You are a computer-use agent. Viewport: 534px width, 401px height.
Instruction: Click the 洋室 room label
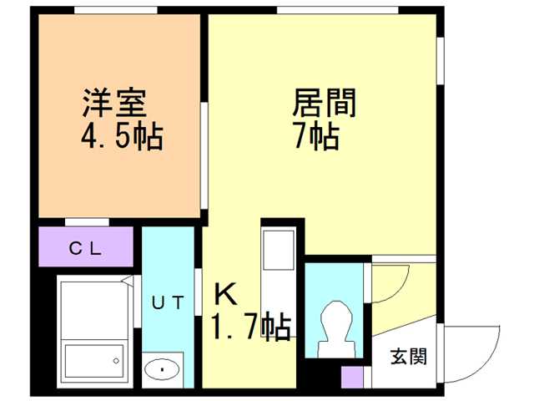tap(115, 103)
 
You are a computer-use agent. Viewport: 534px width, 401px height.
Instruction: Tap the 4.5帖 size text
tap(123, 137)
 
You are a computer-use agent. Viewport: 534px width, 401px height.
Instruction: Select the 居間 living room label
tap(325, 103)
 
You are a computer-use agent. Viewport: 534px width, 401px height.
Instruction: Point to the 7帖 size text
tap(316, 135)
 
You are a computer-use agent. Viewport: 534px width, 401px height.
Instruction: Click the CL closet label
tap(85, 248)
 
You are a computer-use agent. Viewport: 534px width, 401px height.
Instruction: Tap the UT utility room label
tap(168, 302)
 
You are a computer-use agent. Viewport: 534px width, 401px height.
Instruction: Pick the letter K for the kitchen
tap(225, 295)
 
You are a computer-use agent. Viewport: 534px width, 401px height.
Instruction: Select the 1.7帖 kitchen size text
tap(252, 327)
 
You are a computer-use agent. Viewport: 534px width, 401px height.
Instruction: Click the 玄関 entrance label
tap(409, 357)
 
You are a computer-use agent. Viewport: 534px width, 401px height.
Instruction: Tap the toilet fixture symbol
tap(336, 329)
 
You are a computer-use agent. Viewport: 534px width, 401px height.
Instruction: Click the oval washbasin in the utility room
tap(162, 369)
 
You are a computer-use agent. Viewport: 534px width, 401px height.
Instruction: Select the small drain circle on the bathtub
tap(117, 361)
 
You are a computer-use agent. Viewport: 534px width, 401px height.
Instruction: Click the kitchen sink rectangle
tap(278, 250)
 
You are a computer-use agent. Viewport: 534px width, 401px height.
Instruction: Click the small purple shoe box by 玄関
tap(352, 377)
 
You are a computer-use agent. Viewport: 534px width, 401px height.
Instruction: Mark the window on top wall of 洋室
tap(116, 10)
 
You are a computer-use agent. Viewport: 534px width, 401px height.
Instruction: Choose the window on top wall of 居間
tap(337, 10)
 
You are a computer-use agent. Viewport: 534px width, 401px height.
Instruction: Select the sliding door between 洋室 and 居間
tap(204, 155)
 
